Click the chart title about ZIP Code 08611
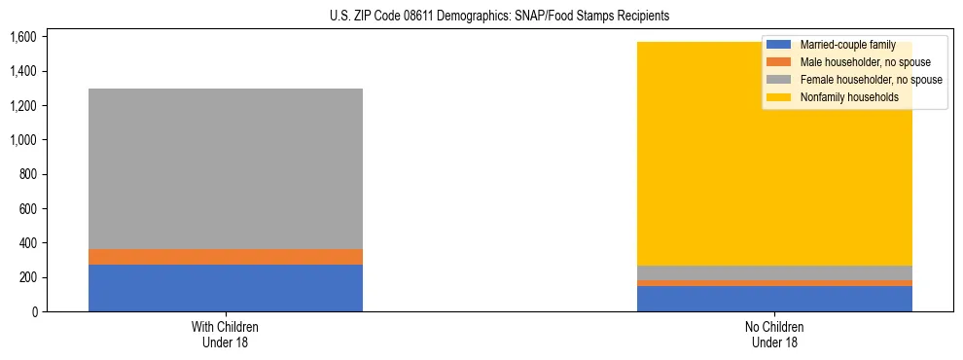click(x=481, y=17)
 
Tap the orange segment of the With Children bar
click(x=226, y=257)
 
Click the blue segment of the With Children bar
click(x=226, y=288)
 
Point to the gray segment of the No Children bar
click(x=774, y=272)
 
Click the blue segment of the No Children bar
click(x=774, y=299)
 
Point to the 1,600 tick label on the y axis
click(x=22, y=37)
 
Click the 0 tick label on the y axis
click(x=34, y=311)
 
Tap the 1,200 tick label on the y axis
click(x=22, y=105)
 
